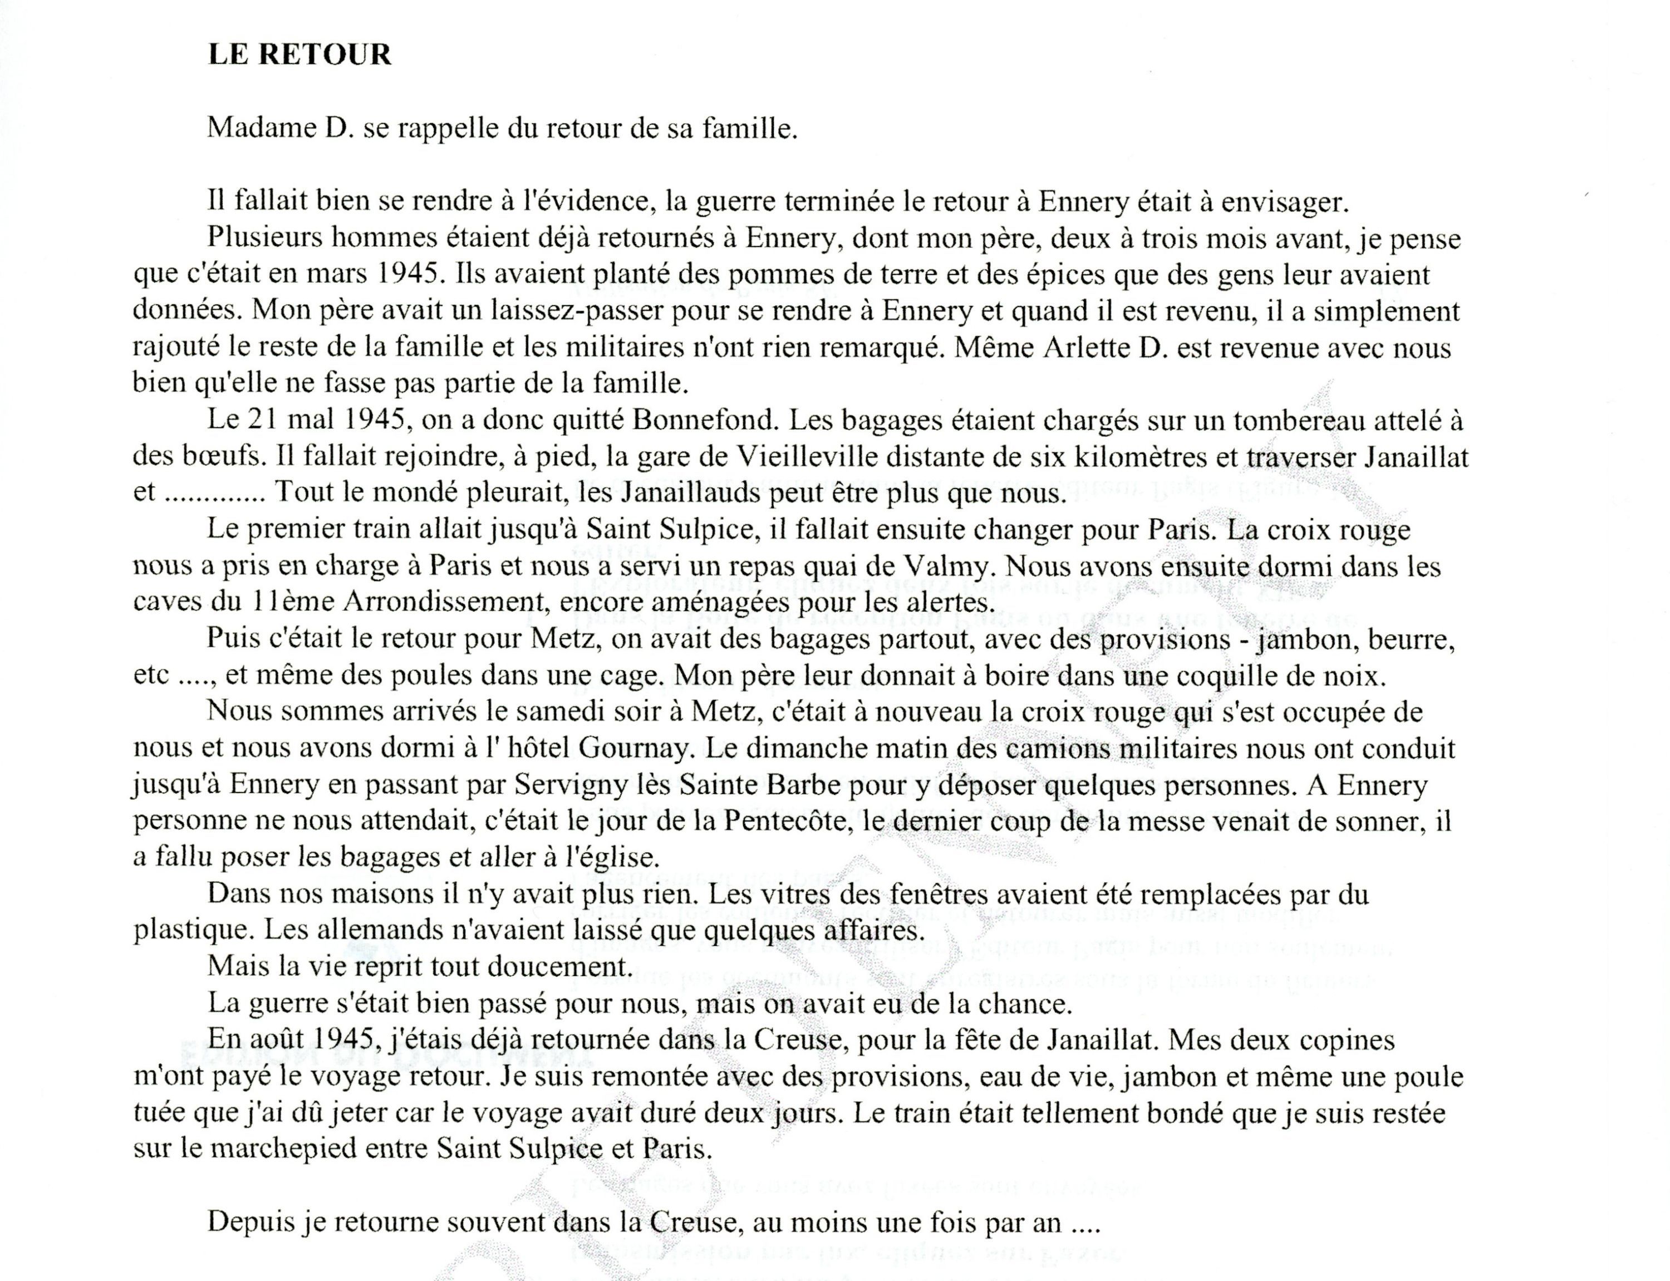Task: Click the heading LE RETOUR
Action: [x=299, y=55]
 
